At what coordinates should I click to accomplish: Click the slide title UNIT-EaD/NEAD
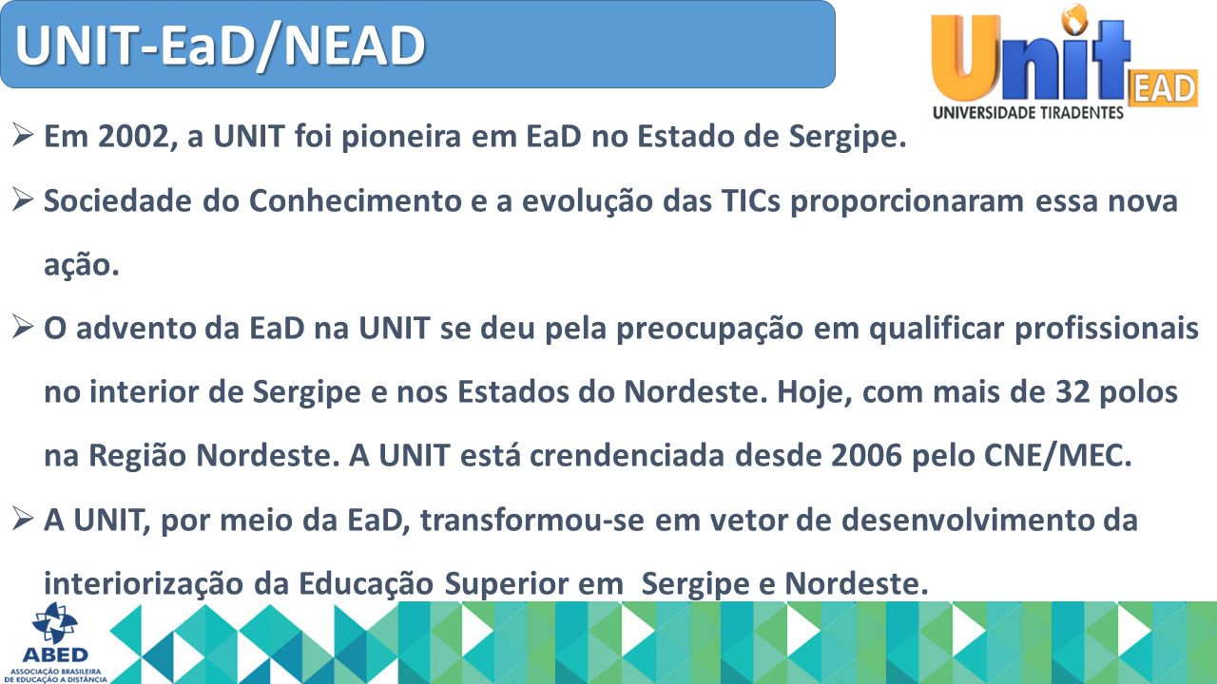point(220,46)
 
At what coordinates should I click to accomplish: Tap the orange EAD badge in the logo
point(1163,88)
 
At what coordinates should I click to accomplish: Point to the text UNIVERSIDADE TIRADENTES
point(1028,112)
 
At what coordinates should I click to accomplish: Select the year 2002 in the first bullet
point(134,136)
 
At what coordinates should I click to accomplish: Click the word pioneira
point(401,136)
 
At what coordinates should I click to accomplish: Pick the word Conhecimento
point(356,200)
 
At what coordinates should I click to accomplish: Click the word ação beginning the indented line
point(81,265)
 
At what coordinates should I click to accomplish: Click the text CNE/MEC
point(1057,455)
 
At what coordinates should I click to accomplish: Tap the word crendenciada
point(627,455)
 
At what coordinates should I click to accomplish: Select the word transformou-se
point(531,520)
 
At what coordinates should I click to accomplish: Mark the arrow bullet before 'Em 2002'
point(23,135)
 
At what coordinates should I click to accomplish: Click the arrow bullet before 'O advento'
point(23,327)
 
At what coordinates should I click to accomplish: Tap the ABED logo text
point(55,655)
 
